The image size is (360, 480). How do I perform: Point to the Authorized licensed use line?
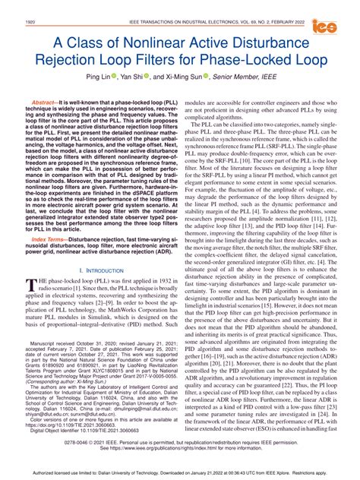pos(180,471)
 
